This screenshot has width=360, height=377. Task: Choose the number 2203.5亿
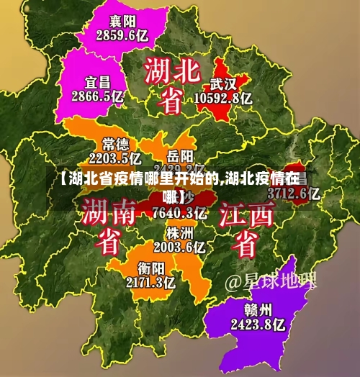(115, 158)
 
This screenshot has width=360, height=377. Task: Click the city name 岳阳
(180, 155)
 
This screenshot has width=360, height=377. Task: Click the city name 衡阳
(141, 268)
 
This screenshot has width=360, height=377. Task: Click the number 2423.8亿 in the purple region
(258, 324)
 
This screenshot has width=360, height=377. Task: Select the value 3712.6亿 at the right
(294, 193)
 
